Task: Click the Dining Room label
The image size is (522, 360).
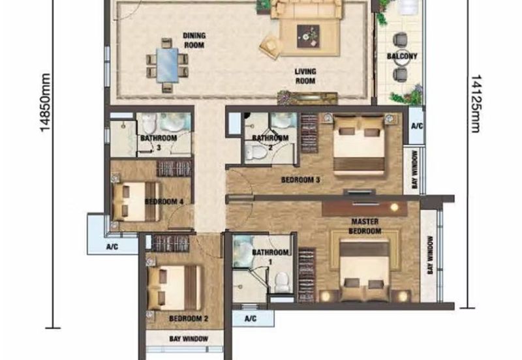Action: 194,40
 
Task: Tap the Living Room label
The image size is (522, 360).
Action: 305,76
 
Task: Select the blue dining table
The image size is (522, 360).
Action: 167,65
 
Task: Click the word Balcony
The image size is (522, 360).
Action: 402,56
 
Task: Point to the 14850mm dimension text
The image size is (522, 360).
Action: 45,103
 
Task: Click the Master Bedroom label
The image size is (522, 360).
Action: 365,226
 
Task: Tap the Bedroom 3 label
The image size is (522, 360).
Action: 301,180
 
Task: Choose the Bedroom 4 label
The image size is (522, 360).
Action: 164,202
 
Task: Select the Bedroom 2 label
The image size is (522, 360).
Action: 189,319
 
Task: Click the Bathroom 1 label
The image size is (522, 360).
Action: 270,257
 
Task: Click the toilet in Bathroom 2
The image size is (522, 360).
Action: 254,153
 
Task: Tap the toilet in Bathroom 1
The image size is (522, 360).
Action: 282,282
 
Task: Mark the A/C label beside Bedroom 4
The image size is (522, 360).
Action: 112,247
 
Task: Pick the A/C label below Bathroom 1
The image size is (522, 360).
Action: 251,319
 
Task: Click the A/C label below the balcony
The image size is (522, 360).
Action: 417,126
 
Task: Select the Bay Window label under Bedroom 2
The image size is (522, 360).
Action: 189,339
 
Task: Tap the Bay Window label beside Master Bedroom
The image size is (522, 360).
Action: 430,255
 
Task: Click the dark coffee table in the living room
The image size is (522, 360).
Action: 308,37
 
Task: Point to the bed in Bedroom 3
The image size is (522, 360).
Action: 358,145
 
